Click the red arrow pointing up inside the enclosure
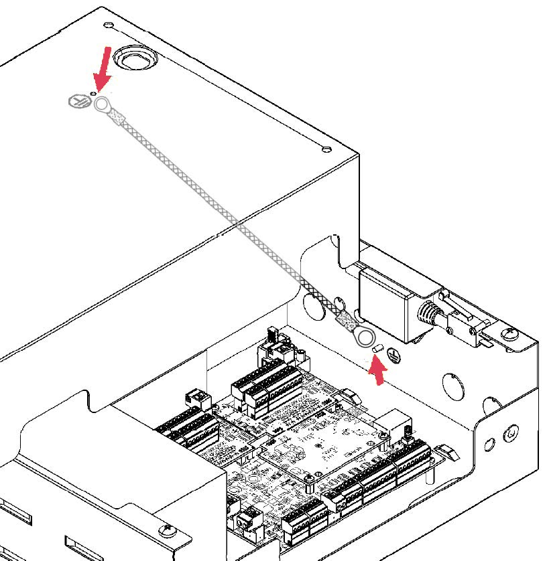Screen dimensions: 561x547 coord(379,372)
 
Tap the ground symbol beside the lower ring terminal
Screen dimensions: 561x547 coord(394,355)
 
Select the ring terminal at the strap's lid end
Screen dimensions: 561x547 coord(103,104)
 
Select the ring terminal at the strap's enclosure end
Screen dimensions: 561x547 coord(365,337)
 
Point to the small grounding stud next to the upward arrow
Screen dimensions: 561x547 coord(376,349)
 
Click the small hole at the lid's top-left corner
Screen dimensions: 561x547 coord(109,25)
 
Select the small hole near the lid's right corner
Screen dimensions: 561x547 coord(326,149)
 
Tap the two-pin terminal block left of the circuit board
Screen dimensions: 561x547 coord(197,398)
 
